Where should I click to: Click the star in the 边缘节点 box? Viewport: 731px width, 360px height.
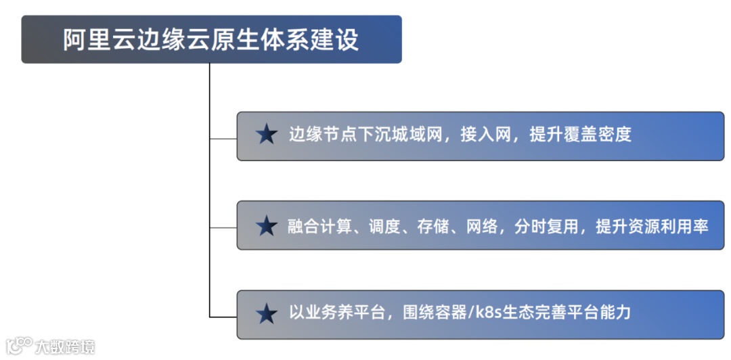(x=267, y=135)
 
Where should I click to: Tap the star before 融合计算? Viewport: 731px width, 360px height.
(x=267, y=226)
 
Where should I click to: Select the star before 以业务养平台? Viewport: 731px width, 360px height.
(x=267, y=313)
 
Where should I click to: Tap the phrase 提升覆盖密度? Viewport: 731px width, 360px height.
(x=580, y=135)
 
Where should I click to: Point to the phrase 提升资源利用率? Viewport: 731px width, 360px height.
(x=652, y=226)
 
